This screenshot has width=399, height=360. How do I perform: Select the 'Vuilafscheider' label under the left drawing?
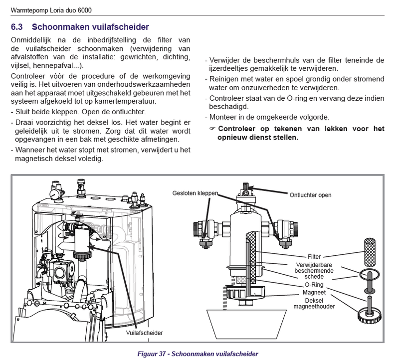pos(145,332)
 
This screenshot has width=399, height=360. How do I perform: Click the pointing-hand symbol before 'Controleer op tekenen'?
pos(211,129)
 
